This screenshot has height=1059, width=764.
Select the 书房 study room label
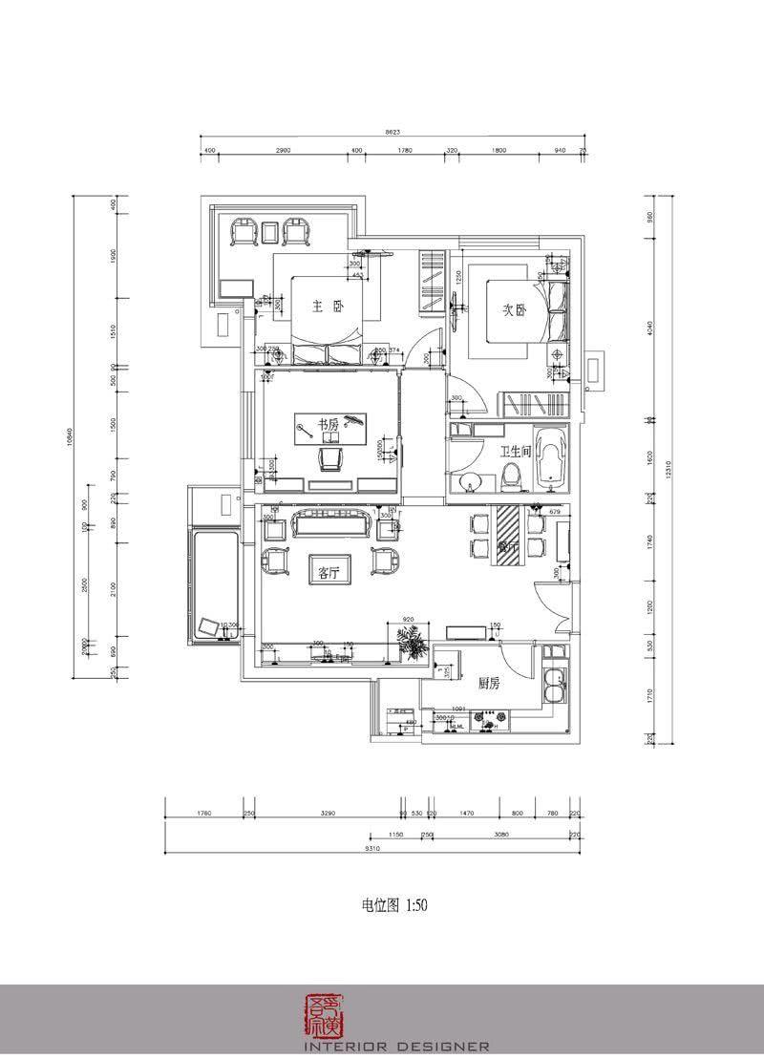tap(329, 426)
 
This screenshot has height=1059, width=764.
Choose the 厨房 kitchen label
tap(490, 684)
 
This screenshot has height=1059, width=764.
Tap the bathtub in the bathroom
tap(554, 458)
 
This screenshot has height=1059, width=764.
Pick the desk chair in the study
tap(330, 461)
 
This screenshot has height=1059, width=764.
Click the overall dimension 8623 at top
tap(393, 132)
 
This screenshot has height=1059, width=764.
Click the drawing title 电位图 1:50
tap(387, 904)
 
